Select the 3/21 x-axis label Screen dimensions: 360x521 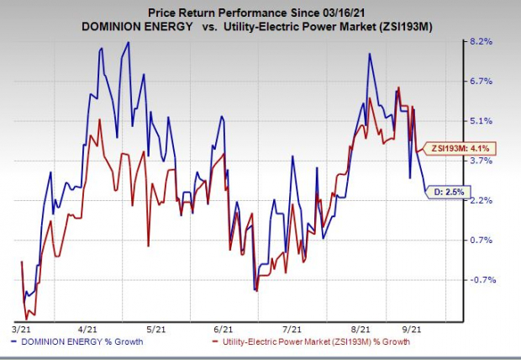[24, 331]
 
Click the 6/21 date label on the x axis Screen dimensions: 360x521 [224, 331]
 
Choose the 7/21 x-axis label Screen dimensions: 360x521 [292, 331]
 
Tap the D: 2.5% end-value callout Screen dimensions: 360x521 [447, 191]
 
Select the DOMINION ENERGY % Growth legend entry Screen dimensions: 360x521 [76, 342]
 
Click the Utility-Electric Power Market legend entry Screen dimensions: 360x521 [317, 342]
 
